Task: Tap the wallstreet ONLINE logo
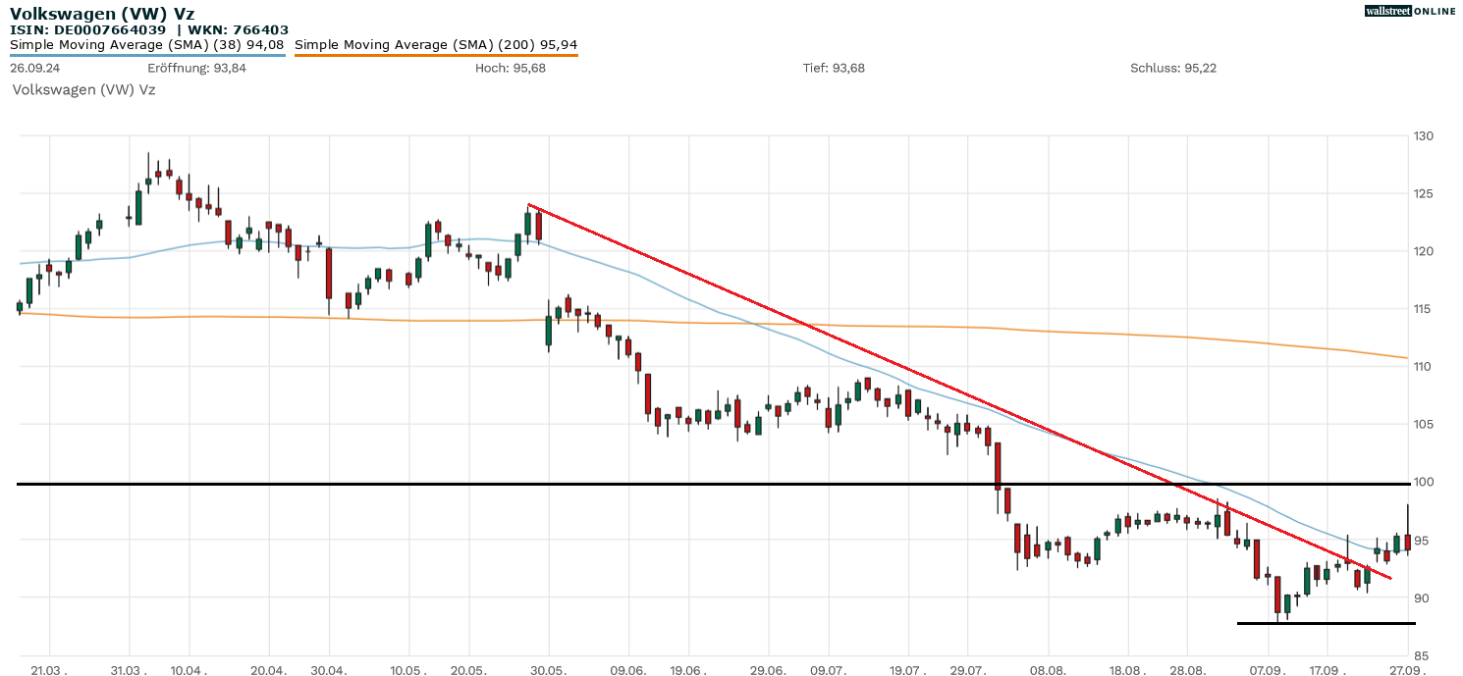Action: point(1410,11)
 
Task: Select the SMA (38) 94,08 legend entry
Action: point(147,44)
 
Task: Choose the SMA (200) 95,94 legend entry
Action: point(436,44)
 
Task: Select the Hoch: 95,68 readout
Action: point(510,68)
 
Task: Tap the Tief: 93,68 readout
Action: point(834,68)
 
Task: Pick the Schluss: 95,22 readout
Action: point(1173,68)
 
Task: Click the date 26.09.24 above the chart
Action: point(34,68)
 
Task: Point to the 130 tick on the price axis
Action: point(1422,135)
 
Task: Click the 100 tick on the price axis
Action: point(1422,483)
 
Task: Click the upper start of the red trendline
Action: point(529,205)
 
